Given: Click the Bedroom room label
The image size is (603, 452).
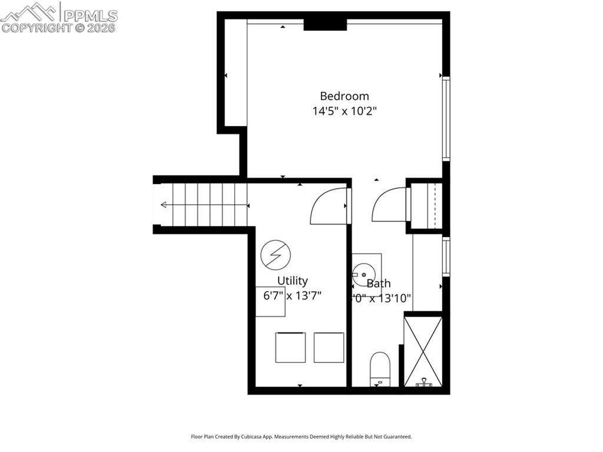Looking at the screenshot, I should coord(344,96).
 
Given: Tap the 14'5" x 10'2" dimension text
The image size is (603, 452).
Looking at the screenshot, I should coord(344,111).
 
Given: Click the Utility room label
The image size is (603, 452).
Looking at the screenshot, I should coord(293,281).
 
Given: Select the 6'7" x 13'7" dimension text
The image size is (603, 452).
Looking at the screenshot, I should coord(292,295).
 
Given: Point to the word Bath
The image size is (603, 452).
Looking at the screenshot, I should coord(379,284).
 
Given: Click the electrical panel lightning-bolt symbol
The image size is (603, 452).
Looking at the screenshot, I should coord(275,254).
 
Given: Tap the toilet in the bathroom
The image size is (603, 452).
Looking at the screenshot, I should coord(380,368).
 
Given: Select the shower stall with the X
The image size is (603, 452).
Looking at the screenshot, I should coord(423,351).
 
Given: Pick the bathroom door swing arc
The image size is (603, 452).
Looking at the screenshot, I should coord(389,206).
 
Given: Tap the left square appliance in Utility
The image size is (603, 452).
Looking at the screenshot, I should coord(290,347).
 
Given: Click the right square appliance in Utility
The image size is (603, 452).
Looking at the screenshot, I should coord(329,347).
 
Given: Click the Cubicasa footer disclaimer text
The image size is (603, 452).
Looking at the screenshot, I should coord(301,437).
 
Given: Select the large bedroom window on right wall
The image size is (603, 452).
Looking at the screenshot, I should coord(446,119).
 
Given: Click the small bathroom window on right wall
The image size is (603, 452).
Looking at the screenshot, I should coord(446,256).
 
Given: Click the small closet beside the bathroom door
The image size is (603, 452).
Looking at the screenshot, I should coord(425,205).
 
